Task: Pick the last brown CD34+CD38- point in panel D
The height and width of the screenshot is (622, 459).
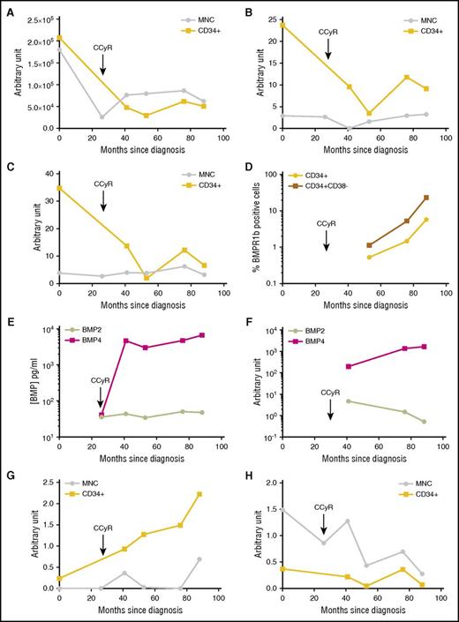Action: (x=426, y=198)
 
